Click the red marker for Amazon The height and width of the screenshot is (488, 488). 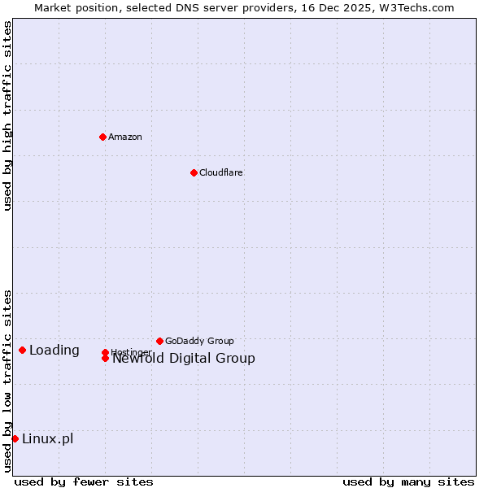click(102, 137)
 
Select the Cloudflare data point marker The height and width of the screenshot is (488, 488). click(194, 172)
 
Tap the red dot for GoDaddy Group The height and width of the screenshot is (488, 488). click(159, 341)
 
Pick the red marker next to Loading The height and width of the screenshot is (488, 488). click(22, 350)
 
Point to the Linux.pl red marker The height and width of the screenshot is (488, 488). click(15, 438)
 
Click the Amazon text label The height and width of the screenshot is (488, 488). click(124, 137)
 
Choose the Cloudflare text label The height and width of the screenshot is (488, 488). click(220, 172)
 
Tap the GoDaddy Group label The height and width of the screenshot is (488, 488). click(199, 341)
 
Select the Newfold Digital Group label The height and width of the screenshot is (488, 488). click(183, 359)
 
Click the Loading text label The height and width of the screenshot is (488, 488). click(54, 351)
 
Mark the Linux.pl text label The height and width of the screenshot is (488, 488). click(47, 439)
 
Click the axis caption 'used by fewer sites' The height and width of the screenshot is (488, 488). click(84, 481)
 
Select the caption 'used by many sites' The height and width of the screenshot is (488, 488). click(408, 481)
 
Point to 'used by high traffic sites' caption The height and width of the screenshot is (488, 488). click(7, 115)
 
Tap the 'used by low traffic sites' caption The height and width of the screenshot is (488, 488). click(7, 381)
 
